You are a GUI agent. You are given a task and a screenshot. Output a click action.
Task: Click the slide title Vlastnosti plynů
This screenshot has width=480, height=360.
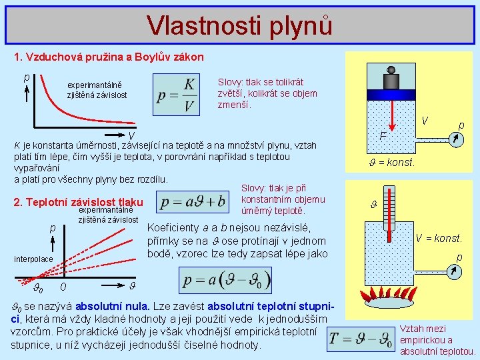click(x=239, y=25)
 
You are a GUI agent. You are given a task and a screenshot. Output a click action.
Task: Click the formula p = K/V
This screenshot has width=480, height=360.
click(x=176, y=95)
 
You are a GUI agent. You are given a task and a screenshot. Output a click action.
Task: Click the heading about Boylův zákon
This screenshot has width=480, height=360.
click(x=109, y=57)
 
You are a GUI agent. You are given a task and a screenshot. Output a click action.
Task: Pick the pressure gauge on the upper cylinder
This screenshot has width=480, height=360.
click(x=454, y=138)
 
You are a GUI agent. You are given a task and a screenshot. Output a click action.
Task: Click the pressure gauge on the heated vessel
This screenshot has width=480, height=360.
click(x=454, y=271)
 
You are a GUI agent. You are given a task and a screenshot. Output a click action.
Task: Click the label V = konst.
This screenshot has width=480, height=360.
click(x=439, y=239)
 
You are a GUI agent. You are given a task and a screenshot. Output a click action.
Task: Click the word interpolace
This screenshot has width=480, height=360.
click(x=33, y=258)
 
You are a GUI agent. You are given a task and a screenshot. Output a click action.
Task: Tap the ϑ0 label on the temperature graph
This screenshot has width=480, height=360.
click(x=39, y=289)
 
